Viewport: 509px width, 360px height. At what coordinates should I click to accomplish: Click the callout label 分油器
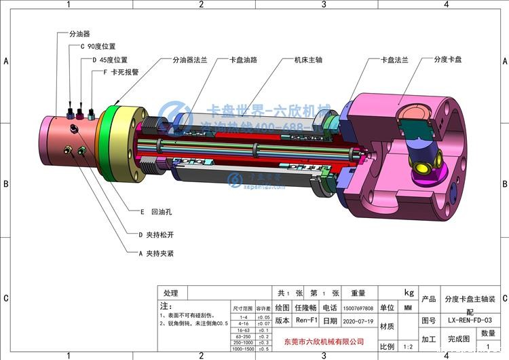coord(80,33)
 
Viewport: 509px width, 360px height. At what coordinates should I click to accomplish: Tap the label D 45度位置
coord(109,60)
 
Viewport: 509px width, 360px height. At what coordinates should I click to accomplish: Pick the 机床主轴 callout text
coord(307,60)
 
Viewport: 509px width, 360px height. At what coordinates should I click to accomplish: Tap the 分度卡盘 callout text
coord(448,60)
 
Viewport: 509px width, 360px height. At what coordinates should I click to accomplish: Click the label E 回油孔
coord(155,212)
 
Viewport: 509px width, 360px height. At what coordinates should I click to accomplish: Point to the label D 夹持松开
coord(154,234)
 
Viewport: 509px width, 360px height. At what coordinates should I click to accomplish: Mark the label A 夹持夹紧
coord(155,253)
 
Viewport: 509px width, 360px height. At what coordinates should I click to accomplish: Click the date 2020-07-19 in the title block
coord(359,321)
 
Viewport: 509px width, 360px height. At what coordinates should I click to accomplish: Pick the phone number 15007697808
coord(359,308)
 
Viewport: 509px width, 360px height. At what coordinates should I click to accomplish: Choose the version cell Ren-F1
coord(307,321)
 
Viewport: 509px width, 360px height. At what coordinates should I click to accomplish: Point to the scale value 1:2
coord(407,346)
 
